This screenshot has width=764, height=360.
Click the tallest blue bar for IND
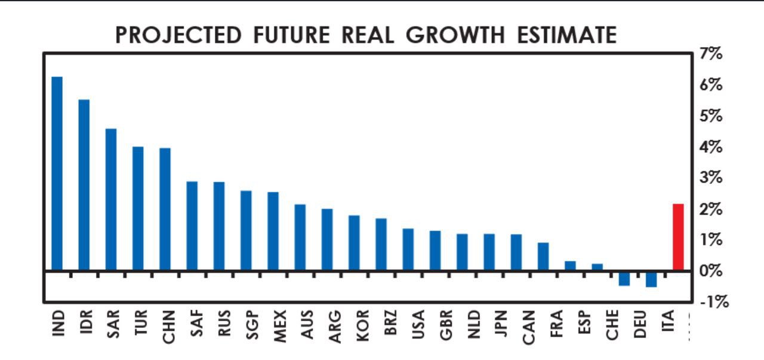point(57,173)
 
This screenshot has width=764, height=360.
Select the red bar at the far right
point(678,237)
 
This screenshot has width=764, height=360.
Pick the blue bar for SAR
point(111,199)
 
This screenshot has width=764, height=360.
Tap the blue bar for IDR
point(84,185)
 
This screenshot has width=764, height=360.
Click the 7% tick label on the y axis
point(711,54)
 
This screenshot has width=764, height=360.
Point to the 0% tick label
point(711,271)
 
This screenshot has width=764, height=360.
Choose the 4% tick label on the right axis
point(711,147)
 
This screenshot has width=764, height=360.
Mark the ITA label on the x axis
point(667,324)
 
